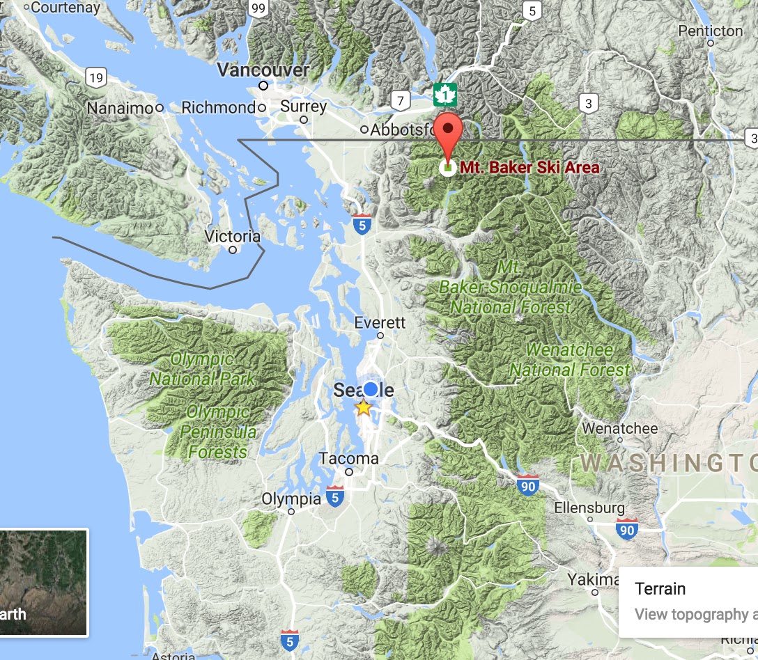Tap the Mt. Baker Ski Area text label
[x=529, y=168]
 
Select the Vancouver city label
[x=263, y=70]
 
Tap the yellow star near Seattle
[x=364, y=408]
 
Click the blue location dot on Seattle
[x=371, y=388]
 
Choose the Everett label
[x=380, y=323]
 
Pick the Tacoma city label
[x=348, y=459]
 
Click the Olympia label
[x=291, y=499]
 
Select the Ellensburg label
[x=589, y=508]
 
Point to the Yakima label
[x=591, y=579]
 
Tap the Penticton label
[x=711, y=31]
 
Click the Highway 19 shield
[x=96, y=77]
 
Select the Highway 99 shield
[x=259, y=8]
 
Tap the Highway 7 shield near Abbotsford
[x=400, y=100]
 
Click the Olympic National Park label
[x=202, y=369]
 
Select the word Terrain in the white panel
[x=660, y=589]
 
